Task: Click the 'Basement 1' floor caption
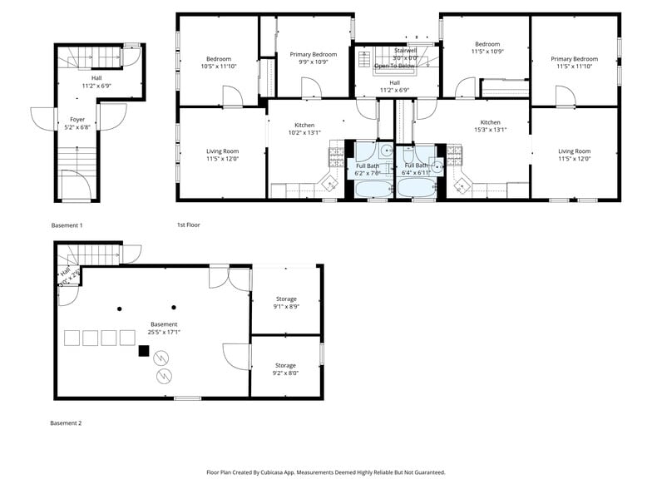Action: pyautogui.click(x=67, y=225)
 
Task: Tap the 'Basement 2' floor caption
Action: pyautogui.click(x=67, y=423)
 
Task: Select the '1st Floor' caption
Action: pyautogui.click(x=188, y=225)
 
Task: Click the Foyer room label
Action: pyautogui.click(x=77, y=120)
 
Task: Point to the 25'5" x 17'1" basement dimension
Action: pyautogui.click(x=164, y=332)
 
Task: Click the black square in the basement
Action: pyautogui.click(x=144, y=351)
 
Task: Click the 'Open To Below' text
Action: pyautogui.click(x=393, y=66)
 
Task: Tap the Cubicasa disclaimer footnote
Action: pyautogui.click(x=325, y=472)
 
